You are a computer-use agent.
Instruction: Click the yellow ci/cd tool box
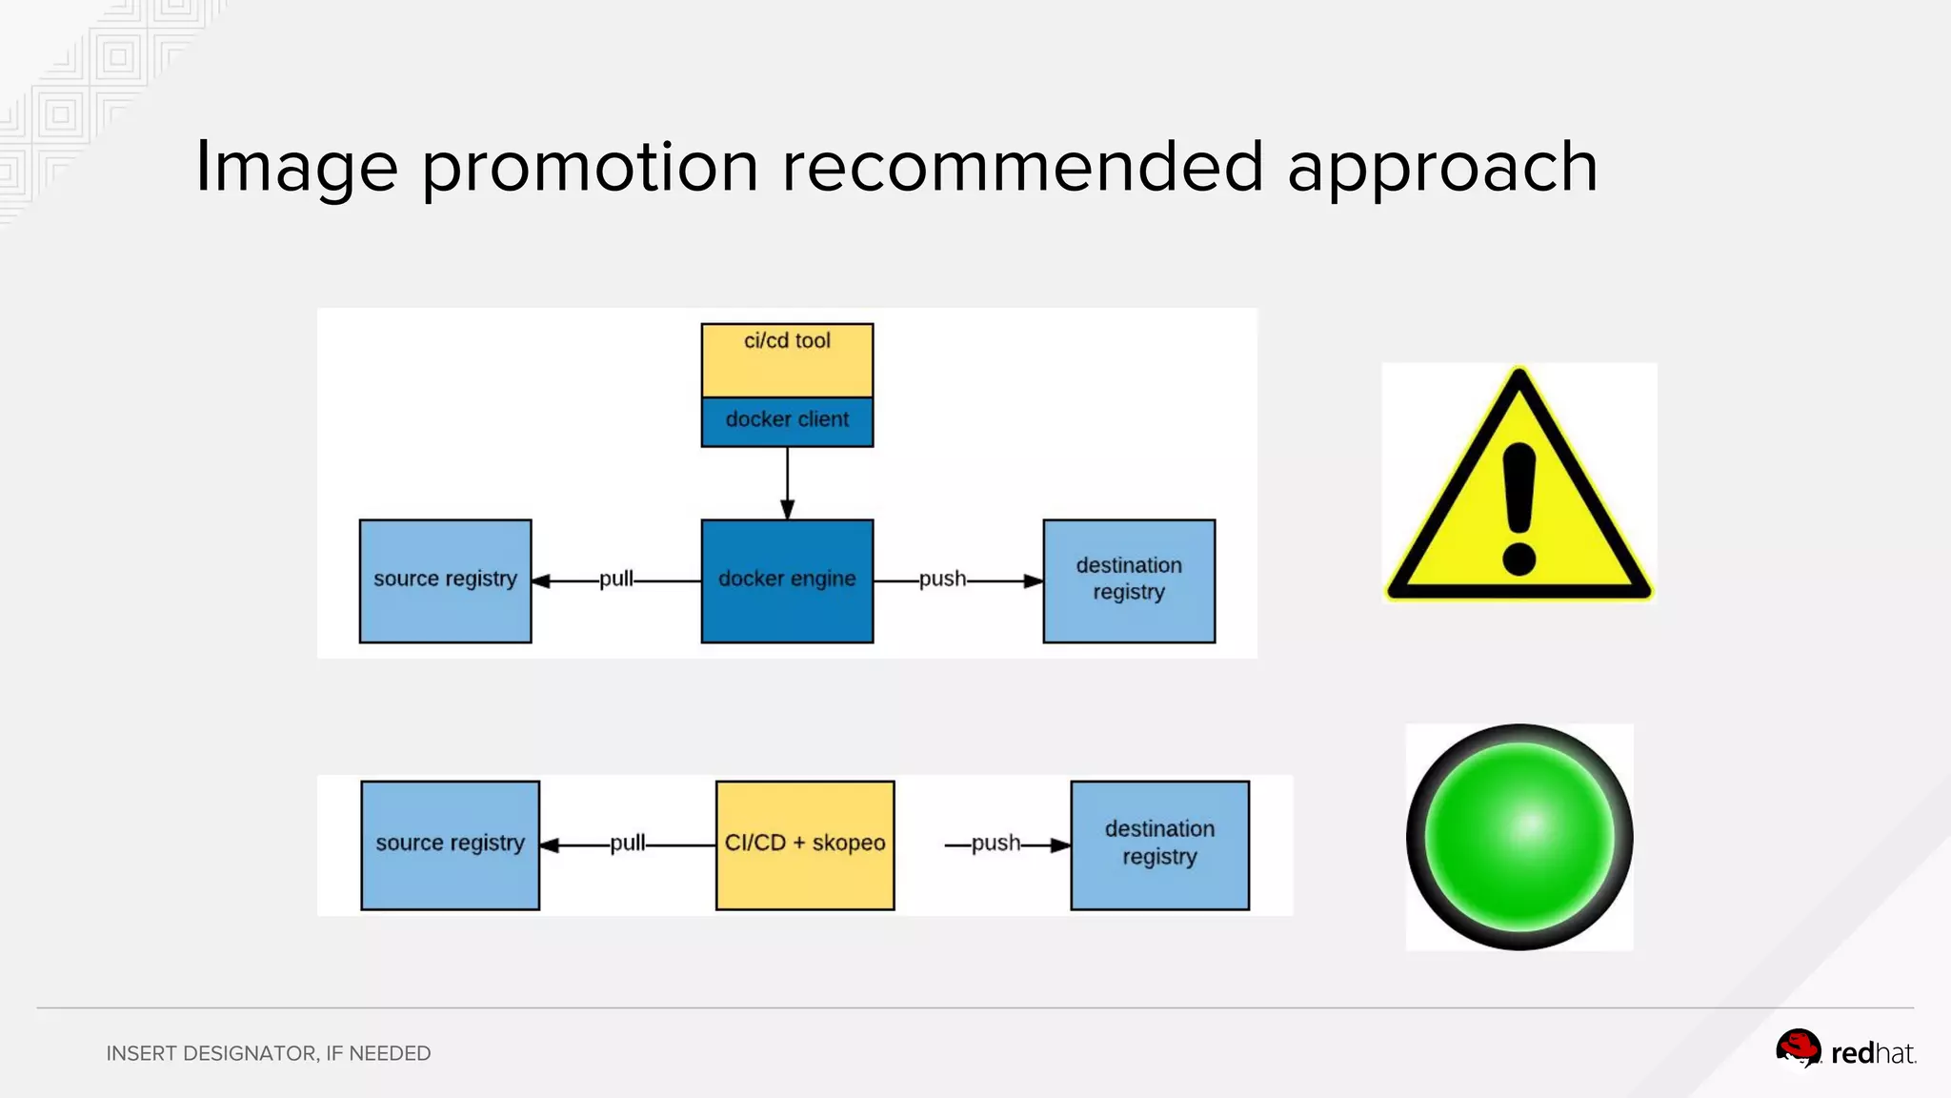pyautogui.click(x=787, y=360)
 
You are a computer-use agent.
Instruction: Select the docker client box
pyautogui.click(x=787, y=421)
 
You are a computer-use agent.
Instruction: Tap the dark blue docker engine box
pyautogui.click(x=787, y=580)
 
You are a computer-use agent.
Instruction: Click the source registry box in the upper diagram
pyautogui.click(x=445, y=580)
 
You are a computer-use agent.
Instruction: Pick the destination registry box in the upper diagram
pyautogui.click(x=1129, y=580)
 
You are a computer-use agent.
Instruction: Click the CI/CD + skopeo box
pyautogui.click(x=805, y=844)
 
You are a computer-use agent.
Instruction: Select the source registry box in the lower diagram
pyautogui.click(x=450, y=844)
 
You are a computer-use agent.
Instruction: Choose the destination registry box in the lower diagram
pyautogui.click(x=1159, y=844)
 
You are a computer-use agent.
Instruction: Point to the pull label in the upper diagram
pyautogui.click(x=615, y=579)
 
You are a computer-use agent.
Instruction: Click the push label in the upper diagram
pyautogui.click(x=942, y=579)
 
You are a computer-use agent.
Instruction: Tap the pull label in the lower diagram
pyautogui.click(x=627, y=843)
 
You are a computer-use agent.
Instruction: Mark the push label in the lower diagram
pyautogui.click(x=996, y=843)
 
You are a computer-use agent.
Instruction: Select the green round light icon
pyautogui.click(x=1519, y=837)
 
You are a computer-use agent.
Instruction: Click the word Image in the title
pyautogui.click(x=296, y=168)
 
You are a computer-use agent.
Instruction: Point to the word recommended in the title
pyautogui.click(x=1022, y=168)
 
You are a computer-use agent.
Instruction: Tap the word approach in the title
pyautogui.click(x=1442, y=168)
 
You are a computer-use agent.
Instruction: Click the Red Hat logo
pyautogui.click(x=1844, y=1050)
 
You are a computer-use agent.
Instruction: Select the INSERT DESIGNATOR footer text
pyautogui.click(x=268, y=1053)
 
